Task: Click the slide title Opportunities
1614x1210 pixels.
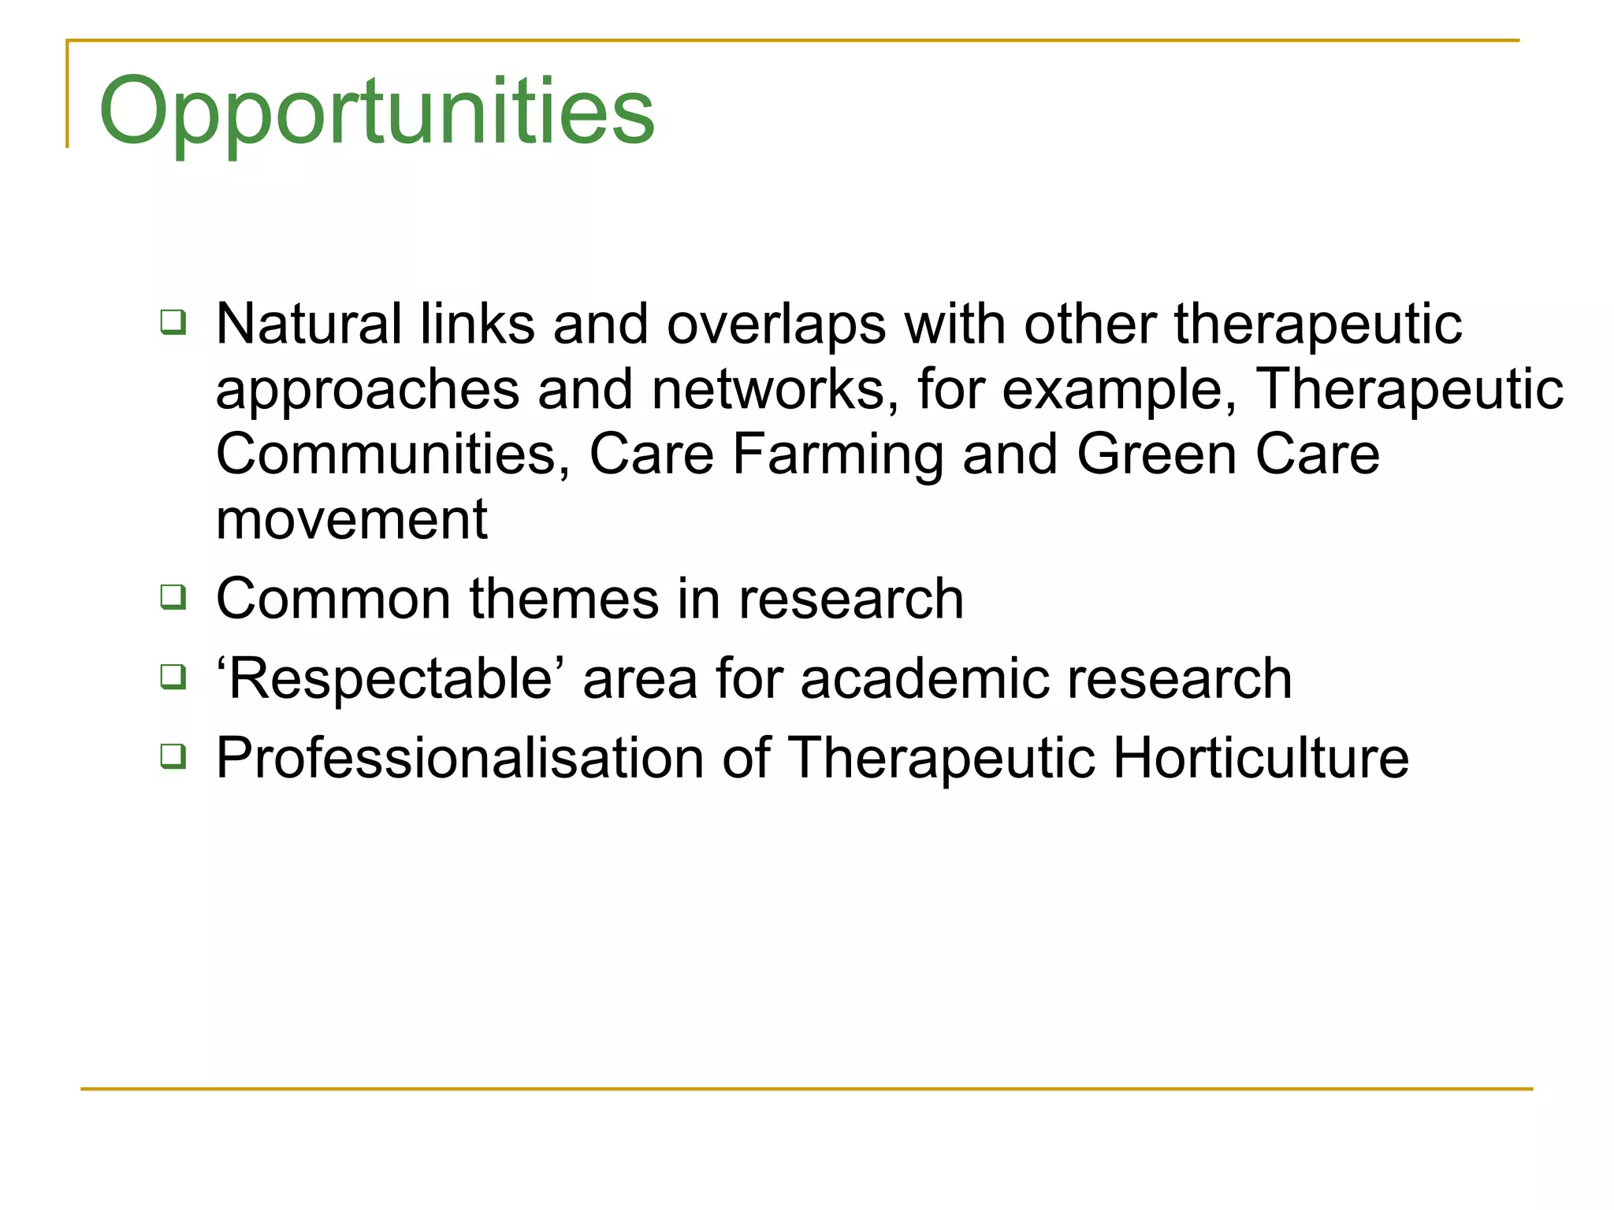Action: [377, 112]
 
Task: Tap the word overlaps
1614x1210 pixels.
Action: [776, 325]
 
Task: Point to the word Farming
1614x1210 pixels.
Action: [838, 456]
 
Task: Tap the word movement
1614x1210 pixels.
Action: [351, 520]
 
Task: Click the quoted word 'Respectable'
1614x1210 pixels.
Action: [391, 678]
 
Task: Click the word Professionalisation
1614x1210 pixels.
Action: [459, 758]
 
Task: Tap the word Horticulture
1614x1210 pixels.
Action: [1260, 758]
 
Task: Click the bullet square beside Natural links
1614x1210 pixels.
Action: [173, 322]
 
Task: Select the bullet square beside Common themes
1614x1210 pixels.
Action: [173, 597]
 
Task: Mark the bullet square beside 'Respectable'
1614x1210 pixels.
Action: [173, 677]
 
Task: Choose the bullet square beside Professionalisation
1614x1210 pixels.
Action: [173, 756]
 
